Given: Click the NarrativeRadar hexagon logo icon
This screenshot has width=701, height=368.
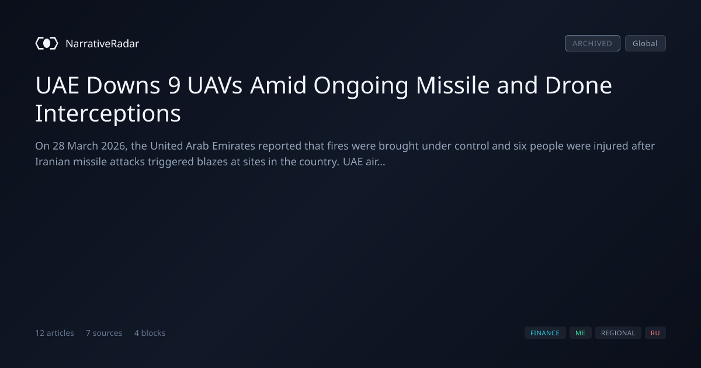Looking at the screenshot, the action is point(47,43).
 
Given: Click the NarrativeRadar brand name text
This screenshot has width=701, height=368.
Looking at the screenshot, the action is point(102,44).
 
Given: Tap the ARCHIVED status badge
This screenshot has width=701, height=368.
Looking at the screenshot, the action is point(592,43).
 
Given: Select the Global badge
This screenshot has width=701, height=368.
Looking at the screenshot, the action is point(646,43).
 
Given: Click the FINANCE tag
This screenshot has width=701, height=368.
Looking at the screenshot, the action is point(545,333).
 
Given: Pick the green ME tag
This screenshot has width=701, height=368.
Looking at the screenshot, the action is point(581,333).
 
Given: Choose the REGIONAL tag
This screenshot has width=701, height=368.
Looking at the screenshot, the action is point(618,333).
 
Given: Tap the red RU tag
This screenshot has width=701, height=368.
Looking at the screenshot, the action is point(655,333).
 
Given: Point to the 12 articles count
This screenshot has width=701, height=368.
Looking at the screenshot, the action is point(54,333).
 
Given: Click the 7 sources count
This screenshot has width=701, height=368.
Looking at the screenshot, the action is point(104,333).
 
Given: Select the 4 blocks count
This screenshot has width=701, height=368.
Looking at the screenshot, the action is point(150,333).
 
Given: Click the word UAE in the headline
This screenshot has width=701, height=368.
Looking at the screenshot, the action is point(57,85).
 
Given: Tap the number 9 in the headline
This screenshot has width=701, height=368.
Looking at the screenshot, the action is point(174,85).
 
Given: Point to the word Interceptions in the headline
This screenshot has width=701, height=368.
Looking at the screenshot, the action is point(108,114).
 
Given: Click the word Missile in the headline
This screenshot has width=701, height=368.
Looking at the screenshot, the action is point(453,85).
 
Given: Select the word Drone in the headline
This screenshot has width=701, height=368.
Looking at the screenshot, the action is point(578,85).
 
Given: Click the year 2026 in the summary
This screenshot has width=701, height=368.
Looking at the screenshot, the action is point(114,146).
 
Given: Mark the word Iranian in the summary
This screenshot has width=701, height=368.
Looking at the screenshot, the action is point(53,162).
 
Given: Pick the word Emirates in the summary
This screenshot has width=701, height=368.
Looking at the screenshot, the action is point(234,146).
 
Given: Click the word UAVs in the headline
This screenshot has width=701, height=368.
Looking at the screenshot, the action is point(215,85).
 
